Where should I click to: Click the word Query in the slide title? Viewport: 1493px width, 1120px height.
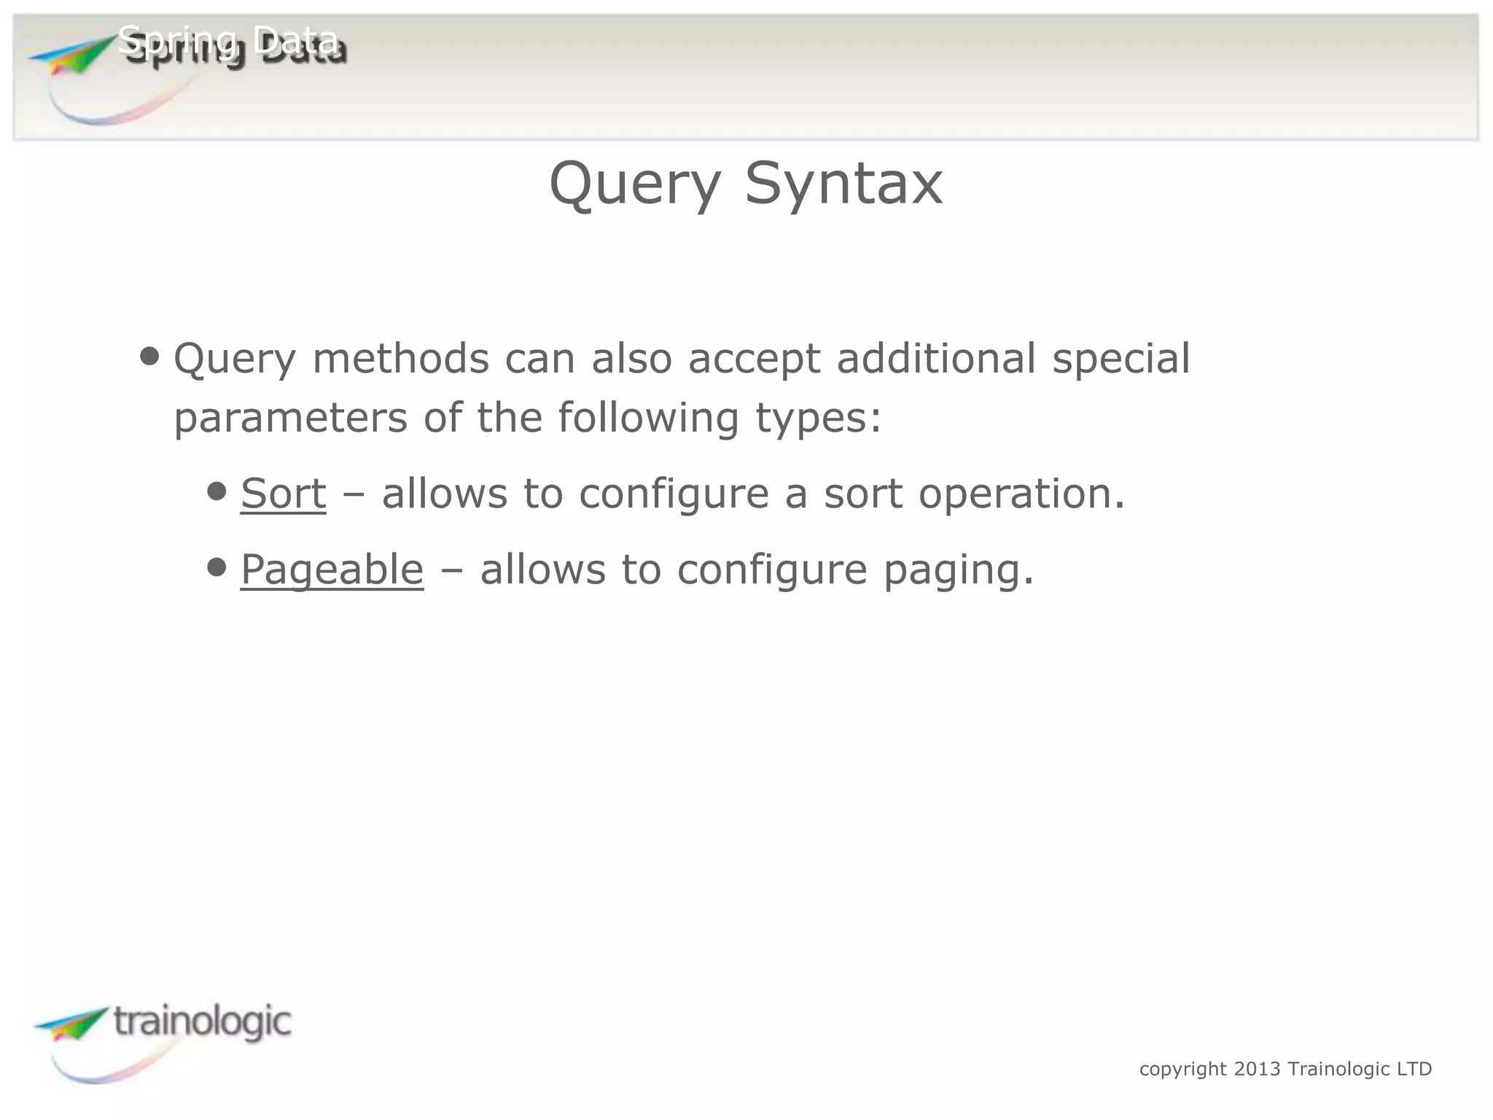[x=634, y=184]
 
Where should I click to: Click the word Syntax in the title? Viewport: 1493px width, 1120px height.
[x=843, y=184]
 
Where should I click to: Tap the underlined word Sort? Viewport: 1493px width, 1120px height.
[x=283, y=493]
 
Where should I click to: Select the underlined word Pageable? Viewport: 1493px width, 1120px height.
[x=332, y=569]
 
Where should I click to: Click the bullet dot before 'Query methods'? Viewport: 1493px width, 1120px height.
[x=149, y=357]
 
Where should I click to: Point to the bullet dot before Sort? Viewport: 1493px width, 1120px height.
[x=217, y=491]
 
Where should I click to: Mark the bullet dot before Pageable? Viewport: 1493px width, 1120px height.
[x=217, y=567]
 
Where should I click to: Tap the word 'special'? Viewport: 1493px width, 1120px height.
[x=1120, y=359]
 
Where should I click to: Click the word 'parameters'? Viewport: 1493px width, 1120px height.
[x=290, y=418]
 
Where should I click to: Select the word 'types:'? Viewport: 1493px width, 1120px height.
[x=818, y=419]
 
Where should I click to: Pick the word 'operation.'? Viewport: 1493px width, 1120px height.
[x=1021, y=494]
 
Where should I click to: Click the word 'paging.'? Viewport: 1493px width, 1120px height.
[x=959, y=570]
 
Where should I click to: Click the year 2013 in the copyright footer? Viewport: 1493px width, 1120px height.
[x=1257, y=1069]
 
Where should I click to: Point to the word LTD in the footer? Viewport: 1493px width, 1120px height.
[x=1414, y=1069]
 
